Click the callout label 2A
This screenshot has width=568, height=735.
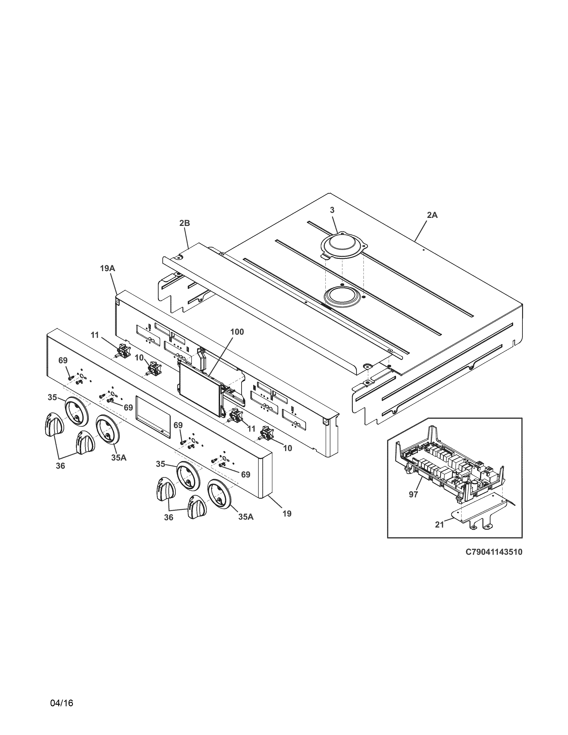432,215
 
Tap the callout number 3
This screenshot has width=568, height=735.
332,210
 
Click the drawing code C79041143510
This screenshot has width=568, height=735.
494,552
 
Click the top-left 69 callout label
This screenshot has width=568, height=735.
63,360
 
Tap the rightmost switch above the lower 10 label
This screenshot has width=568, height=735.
267,433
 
